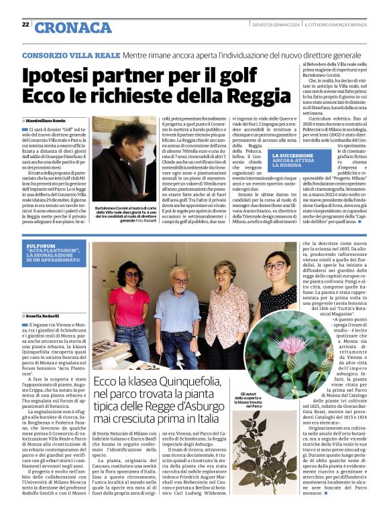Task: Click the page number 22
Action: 25,25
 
